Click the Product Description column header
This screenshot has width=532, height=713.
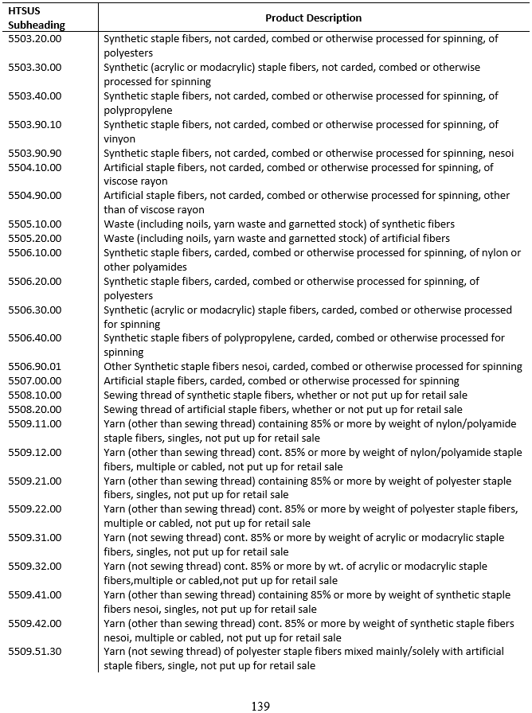tap(313, 18)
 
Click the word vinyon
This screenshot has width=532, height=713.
tap(119, 139)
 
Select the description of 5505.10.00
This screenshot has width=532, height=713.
tap(279, 224)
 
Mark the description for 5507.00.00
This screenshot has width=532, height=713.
tap(281, 381)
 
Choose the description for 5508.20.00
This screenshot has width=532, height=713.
tap(283, 410)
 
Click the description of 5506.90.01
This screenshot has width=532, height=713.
tap(312, 367)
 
